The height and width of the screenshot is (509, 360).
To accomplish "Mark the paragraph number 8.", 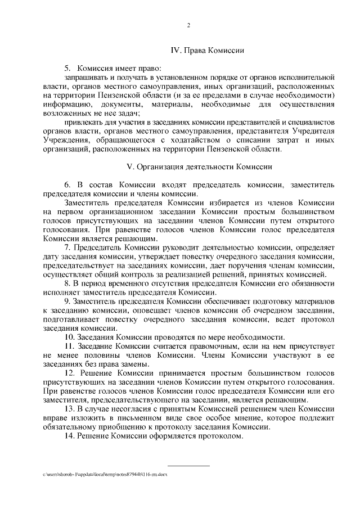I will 67,283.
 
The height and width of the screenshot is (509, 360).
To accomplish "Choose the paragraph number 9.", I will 67,302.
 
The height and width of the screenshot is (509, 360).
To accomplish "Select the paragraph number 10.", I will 69,337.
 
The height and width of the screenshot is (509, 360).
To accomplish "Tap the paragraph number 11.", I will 69,346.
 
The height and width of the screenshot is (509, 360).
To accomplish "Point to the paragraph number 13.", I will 69,408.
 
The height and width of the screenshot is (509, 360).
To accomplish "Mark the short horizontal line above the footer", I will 189,466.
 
